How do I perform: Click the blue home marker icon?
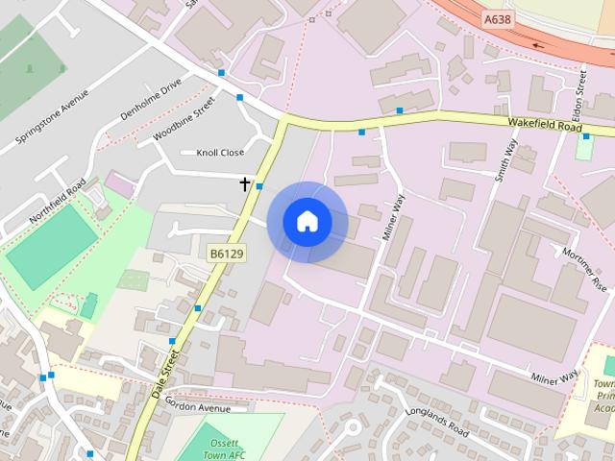tap(307, 222)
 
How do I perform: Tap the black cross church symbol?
tap(245, 183)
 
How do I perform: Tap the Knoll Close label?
tap(220, 153)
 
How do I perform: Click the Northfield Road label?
tap(58, 201)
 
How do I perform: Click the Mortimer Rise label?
tap(587, 271)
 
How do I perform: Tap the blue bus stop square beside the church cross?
tap(259, 186)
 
